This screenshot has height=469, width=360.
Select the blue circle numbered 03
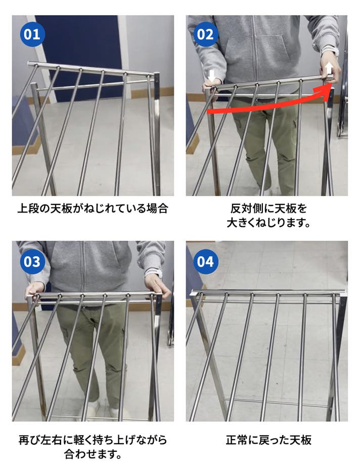click(x=32, y=262)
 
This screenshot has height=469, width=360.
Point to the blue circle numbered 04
click(x=205, y=262)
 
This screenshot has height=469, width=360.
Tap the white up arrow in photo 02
click(x=329, y=68)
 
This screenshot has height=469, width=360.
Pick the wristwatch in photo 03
click(x=153, y=273)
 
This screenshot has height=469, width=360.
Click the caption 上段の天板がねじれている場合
click(x=93, y=208)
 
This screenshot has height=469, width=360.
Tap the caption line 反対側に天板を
click(x=268, y=208)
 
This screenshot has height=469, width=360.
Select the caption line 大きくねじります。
click(x=268, y=223)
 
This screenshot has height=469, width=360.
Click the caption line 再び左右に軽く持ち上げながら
click(x=93, y=440)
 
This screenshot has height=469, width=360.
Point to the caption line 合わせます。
click(x=93, y=454)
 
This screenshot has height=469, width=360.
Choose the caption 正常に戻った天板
click(x=268, y=440)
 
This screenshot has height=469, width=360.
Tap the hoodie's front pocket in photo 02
click(x=256, y=51)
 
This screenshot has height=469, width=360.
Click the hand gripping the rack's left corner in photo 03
click(x=35, y=290)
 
